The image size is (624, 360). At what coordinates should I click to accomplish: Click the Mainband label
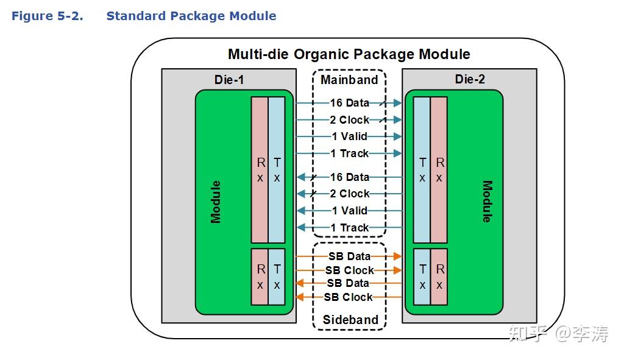[349, 80]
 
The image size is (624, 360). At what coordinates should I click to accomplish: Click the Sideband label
[350, 320]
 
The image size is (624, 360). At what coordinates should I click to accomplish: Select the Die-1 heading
[229, 79]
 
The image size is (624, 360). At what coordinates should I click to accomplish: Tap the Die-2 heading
[470, 79]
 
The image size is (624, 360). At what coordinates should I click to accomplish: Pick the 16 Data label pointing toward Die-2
[350, 103]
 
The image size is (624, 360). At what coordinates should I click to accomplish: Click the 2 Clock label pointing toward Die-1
[350, 194]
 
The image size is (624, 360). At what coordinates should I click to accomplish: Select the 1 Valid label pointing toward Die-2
[350, 136]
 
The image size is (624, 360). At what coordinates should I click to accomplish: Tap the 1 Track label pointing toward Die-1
[350, 228]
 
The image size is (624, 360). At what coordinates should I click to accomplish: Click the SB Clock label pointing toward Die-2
[350, 270]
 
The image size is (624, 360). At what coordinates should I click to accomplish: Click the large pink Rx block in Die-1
[260, 170]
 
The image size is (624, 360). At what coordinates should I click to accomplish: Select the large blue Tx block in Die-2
[422, 170]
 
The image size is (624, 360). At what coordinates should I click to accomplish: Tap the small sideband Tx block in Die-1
[277, 277]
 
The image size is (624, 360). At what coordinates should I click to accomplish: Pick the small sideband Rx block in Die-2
[439, 277]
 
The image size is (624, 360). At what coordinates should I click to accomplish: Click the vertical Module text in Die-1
[216, 202]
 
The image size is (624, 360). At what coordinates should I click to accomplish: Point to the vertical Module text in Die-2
[486, 202]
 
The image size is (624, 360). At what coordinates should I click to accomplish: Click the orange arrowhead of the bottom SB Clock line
[299, 297]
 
